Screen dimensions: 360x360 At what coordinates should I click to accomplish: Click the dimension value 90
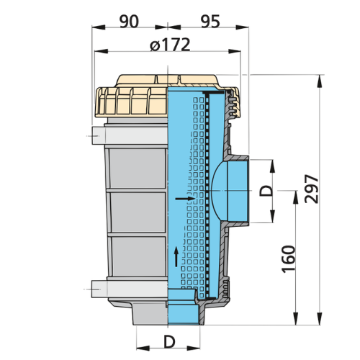(129, 22)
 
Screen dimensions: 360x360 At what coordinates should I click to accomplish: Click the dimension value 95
(210, 22)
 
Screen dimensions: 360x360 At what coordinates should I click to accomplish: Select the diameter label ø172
(170, 45)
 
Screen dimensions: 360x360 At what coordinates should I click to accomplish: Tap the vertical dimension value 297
(312, 189)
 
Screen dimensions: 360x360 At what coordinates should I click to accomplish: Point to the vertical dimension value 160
(288, 259)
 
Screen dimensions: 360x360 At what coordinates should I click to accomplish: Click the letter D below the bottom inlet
(169, 342)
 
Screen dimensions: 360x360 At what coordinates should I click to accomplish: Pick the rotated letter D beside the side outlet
(266, 191)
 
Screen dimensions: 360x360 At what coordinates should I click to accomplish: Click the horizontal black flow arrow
(185, 199)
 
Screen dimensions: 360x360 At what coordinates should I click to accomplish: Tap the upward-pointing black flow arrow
(176, 256)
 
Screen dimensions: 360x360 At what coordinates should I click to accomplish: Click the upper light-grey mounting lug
(130, 136)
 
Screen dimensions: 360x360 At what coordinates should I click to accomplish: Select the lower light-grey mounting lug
(130, 289)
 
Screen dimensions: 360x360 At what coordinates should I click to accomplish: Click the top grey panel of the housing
(138, 168)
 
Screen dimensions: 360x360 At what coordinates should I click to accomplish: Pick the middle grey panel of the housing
(138, 212)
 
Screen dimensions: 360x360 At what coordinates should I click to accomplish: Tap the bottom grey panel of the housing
(139, 256)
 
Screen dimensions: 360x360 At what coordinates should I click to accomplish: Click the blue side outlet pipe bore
(238, 191)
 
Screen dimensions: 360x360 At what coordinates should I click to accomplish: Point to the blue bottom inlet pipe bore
(184, 314)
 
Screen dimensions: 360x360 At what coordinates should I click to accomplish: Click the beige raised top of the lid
(167, 81)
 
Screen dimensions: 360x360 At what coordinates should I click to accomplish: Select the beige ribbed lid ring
(131, 102)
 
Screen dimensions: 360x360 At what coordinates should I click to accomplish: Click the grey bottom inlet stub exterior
(150, 313)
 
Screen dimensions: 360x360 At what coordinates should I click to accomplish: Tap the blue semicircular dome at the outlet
(220, 191)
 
